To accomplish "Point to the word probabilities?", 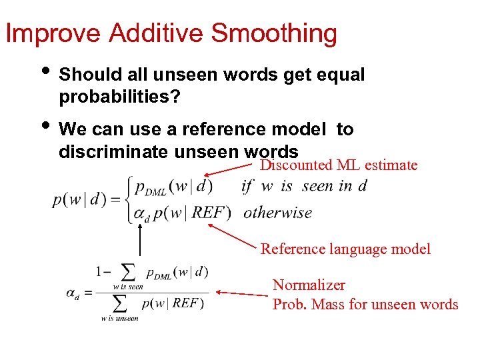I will tap(119, 97).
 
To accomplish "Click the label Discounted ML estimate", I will tap(338, 165).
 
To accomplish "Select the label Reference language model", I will tap(345, 249).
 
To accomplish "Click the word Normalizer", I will tap(309, 285).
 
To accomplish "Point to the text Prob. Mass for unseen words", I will tap(365, 305).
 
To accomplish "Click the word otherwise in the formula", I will tap(277, 213).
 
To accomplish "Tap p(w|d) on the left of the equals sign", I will tap(79, 200).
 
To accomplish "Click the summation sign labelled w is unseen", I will tap(120, 304).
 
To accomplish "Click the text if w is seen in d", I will tap(304, 186).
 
